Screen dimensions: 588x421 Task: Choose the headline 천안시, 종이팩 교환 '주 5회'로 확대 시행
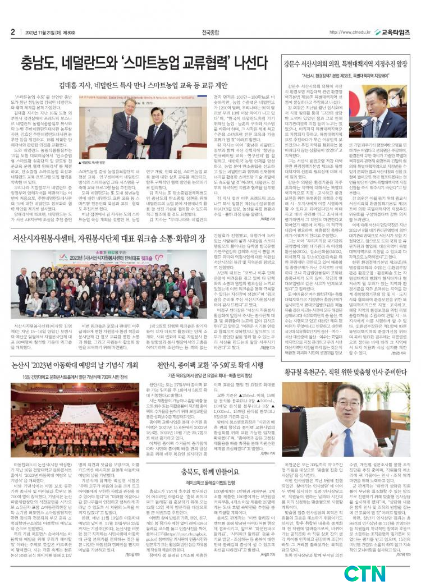coord(213,365)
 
